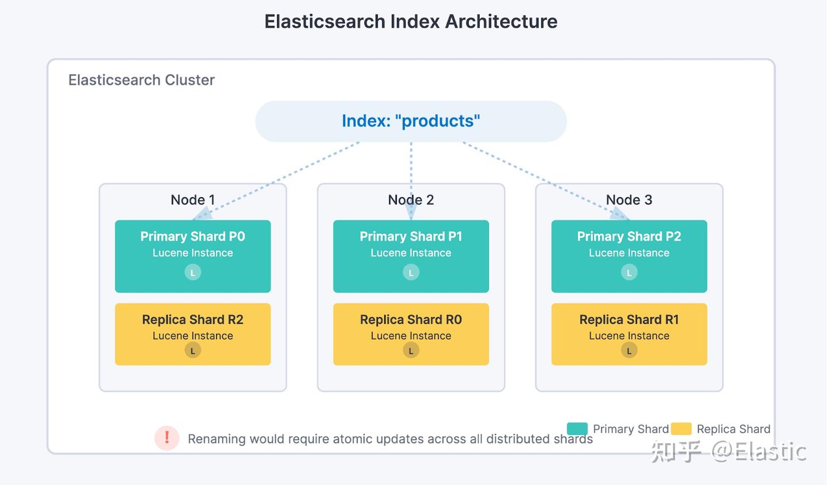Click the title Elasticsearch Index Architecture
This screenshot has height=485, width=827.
411,22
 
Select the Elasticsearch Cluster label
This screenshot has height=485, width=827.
141,80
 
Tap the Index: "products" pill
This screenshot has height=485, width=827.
411,121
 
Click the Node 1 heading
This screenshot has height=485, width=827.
192,200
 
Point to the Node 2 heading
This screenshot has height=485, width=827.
411,200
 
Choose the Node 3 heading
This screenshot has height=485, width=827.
629,200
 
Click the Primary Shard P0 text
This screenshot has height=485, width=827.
192,236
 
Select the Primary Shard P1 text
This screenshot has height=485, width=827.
411,236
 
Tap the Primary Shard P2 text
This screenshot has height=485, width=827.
629,236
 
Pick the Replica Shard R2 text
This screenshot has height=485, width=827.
192,320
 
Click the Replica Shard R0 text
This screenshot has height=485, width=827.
411,320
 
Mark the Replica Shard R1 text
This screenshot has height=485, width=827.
629,320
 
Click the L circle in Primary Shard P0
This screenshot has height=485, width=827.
192,273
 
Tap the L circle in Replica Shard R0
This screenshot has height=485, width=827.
411,350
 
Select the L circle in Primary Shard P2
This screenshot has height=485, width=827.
629,273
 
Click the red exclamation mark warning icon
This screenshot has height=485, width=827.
167,439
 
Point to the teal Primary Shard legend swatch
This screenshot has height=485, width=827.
577,429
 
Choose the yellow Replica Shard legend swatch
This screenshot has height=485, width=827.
681,429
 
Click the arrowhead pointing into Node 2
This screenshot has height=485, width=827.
411,213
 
